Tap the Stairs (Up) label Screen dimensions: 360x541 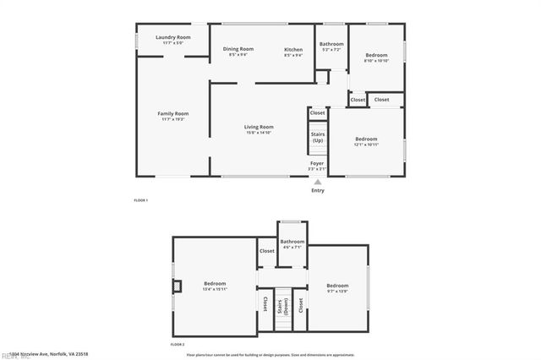pos(318,137)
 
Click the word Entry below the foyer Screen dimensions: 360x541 pos(318,190)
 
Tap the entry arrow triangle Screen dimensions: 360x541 pos(318,181)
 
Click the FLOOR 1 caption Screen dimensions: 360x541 pos(141,200)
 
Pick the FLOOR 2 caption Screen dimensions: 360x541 pos(178,345)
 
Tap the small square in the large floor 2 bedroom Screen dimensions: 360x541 pos(177,285)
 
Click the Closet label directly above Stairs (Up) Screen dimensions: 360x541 pos(317,112)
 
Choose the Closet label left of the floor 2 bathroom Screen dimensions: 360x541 pos(267,251)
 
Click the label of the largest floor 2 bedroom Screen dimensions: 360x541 pos(216,286)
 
